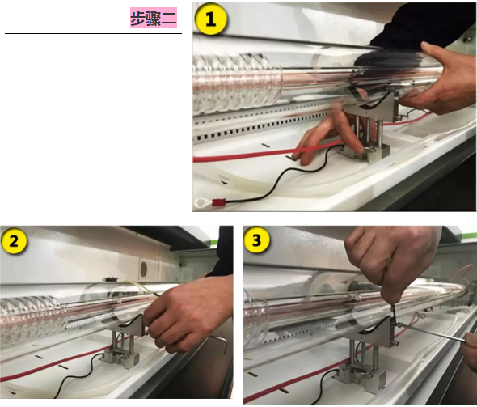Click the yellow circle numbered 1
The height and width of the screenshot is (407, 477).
[210, 19]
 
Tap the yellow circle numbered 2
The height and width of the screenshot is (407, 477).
[15, 242]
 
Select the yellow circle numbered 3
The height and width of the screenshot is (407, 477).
[256, 240]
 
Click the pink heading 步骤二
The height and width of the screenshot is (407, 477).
[154, 18]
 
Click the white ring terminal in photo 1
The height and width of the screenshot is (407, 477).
[201, 203]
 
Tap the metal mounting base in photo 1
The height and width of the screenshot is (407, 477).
[365, 152]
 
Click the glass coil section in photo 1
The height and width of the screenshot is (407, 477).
[237, 83]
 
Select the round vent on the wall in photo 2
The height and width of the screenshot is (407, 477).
[144, 268]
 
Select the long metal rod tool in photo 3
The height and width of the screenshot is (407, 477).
[432, 333]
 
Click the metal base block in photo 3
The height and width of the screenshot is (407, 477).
[359, 376]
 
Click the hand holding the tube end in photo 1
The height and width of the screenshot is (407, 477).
[441, 80]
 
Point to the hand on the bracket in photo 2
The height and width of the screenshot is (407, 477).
[188, 315]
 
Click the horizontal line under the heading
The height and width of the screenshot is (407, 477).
[94, 33]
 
